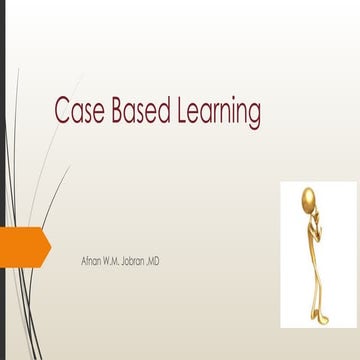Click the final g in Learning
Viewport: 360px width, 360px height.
pyautogui.click(x=254, y=116)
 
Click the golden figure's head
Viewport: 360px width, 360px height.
pyautogui.click(x=311, y=197)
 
